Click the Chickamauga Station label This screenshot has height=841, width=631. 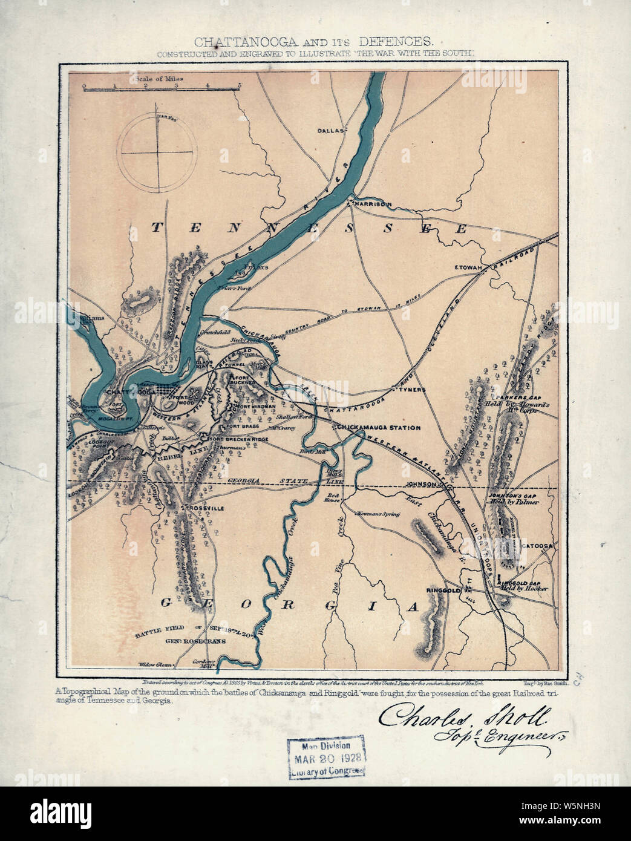coord(379,428)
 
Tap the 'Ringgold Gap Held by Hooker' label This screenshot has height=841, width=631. coord(522,586)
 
